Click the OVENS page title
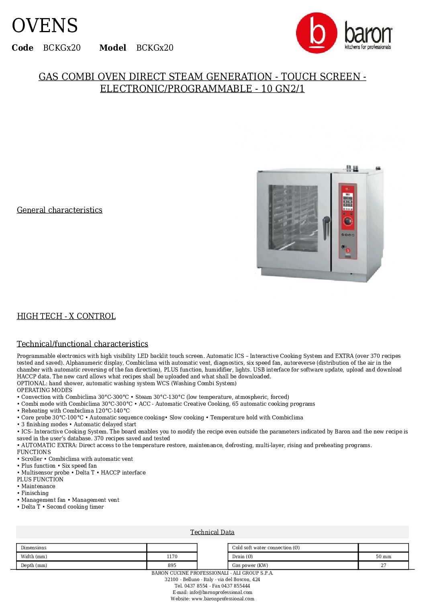pyautogui.click(x=45, y=26)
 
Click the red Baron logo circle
pyautogui.click(x=317, y=33)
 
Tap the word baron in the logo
pyautogui.click(x=368, y=34)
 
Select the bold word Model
pyautogui.click(x=112, y=48)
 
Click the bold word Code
pyautogui.click(x=22, y=48)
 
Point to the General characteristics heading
pyautogui.click(x=59, y=210)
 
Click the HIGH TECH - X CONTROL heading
pyautogui.click(x=66, y=316)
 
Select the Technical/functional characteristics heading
pyautogui.click(x=82, y=344)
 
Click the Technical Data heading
pyautogui.click(x=212, y=532)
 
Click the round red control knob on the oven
pyautogui.click(x=348, y=221)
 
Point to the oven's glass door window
pyautogui.click(x=293, y=218)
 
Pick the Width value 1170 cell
pyautogui.click(x=172, y=557)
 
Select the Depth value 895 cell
pyautogui.click(x=172, y=565)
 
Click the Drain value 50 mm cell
pyautogui.click(x=383, y=557)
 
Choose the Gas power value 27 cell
pyautogui.click(x=383, y=565)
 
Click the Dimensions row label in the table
pyautogui.click(x=34, y=548)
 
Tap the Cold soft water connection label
pyautogui.click(x=266, y=548)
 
